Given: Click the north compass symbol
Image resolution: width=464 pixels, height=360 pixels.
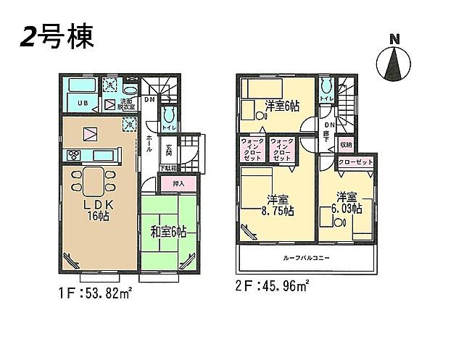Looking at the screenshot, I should point(395,60).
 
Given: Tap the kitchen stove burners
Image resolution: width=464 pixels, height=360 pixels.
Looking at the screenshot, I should point(74,154).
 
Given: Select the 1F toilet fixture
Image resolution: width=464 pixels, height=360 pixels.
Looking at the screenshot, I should point(168,117).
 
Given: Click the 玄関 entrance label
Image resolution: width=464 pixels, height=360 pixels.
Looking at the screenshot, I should point(168,151).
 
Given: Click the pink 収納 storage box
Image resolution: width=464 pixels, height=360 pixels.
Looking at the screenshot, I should point(345,144).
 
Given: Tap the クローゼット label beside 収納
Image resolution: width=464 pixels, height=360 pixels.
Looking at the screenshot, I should point(355,162).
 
